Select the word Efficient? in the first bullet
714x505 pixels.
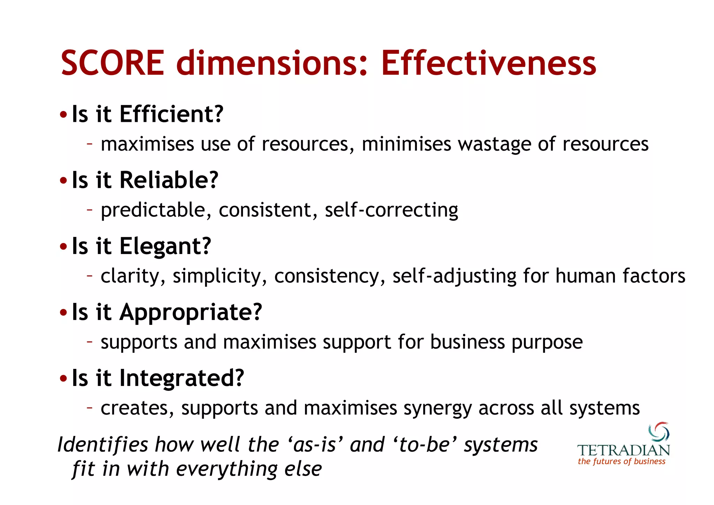coord(171,114)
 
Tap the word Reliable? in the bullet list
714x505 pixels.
coord(169,180)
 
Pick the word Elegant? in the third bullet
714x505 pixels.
coord(165,246)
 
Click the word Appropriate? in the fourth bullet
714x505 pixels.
coord(190,312)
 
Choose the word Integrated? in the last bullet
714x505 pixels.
coord(182,378)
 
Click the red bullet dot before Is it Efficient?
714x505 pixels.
coord(63,115)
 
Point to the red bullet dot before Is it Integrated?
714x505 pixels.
coord(63,379)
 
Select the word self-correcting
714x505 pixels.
coord(391,210)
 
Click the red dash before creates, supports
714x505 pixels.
coord(90,407)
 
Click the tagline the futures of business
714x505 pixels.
coord(621,461)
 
